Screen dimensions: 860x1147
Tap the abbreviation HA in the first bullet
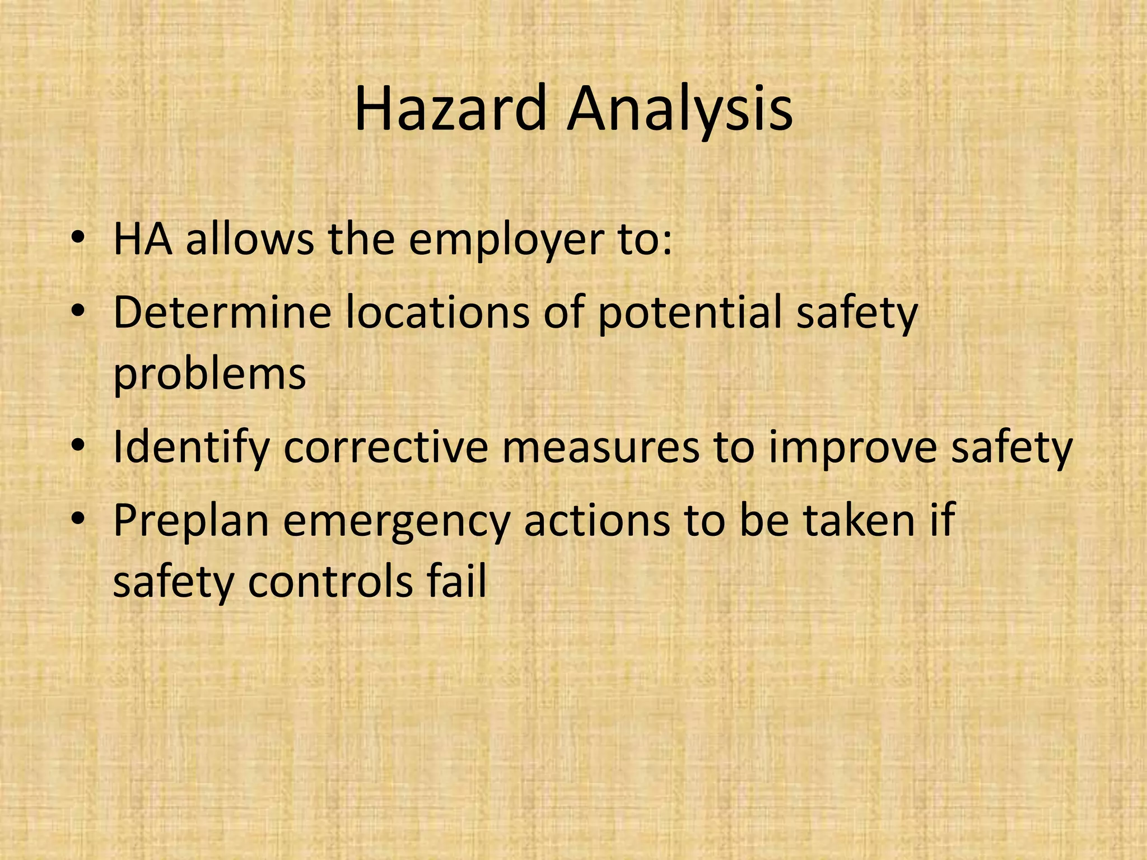pos(142,239)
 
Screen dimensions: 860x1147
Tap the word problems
pos(209,375)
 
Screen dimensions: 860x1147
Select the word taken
pos(859,520)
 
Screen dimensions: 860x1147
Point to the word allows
pos(249,239)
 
